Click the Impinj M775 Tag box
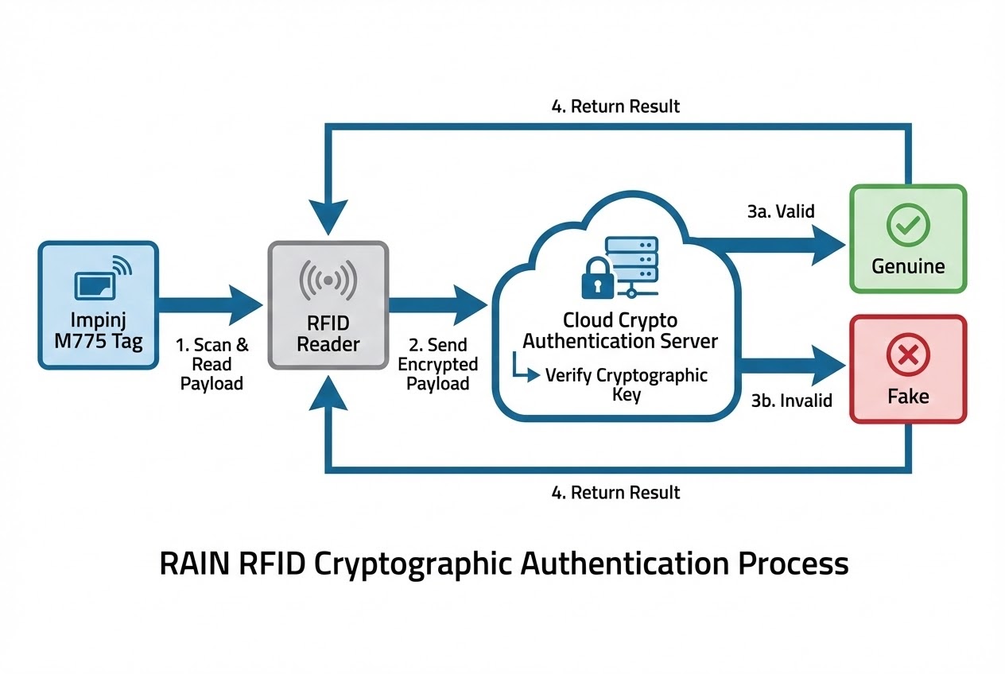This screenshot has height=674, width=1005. tap(99, 306)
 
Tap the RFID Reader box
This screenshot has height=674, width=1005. tap(328, 306)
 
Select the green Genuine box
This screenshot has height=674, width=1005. tap(908, 238)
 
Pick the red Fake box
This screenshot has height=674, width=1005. tap(908, 369)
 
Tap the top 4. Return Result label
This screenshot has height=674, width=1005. tap(616, 106)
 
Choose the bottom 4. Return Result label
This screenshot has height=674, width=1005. tap(616, 492)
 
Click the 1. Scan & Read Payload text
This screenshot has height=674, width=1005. tap(211, 364)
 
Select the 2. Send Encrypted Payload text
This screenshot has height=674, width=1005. tap(438, 364)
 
